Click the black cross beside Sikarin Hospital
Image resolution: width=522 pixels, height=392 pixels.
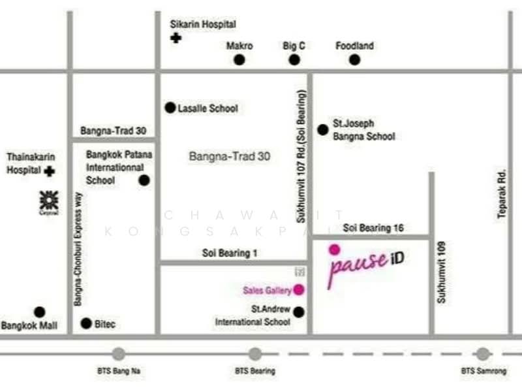click(176, 38)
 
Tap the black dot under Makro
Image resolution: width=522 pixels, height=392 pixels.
click(239, 60)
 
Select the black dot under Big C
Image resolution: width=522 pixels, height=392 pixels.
click(294, 60)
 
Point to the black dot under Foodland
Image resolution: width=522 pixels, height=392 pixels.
click(354, 60)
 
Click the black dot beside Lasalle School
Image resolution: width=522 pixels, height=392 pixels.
click(170, 108)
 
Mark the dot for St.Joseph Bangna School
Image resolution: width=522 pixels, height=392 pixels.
click(322, 129)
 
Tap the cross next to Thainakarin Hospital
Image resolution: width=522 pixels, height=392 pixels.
click(50, 171)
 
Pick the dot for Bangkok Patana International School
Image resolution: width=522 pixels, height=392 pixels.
click(144, 180)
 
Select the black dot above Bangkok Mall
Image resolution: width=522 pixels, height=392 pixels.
click(40, 312)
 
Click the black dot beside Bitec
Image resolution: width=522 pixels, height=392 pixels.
click(86, 323)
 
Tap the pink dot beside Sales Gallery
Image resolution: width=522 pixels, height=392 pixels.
click(299, 290)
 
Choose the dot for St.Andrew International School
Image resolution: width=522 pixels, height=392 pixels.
click(299, 312)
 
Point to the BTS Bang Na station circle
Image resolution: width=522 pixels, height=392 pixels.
click(118, 354)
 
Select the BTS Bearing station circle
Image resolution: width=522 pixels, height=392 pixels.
click(255, 354)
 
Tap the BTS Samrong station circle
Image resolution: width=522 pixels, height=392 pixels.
click(483, 354)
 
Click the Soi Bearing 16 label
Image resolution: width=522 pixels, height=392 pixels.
click(373, 228)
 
